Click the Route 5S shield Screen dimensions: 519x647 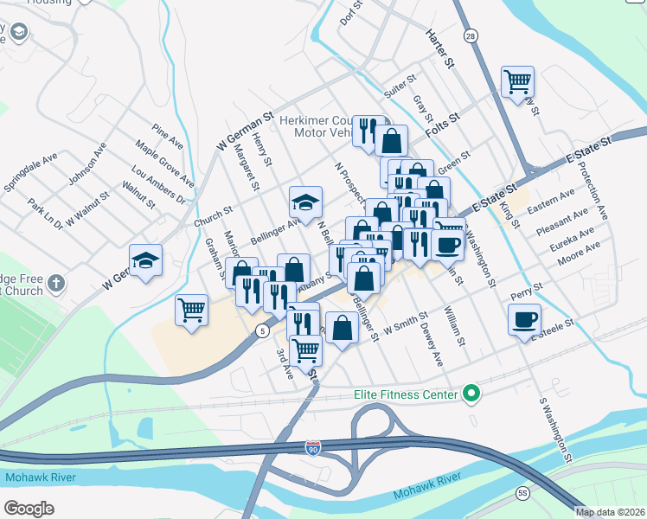click(522, 492)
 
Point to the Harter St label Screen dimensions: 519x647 click(439, 48)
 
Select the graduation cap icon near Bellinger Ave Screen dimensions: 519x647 click(305, 202)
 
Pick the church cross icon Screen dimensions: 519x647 click(55, 283)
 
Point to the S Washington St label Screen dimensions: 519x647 click(555, 426)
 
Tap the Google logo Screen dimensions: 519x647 click(29, 508)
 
